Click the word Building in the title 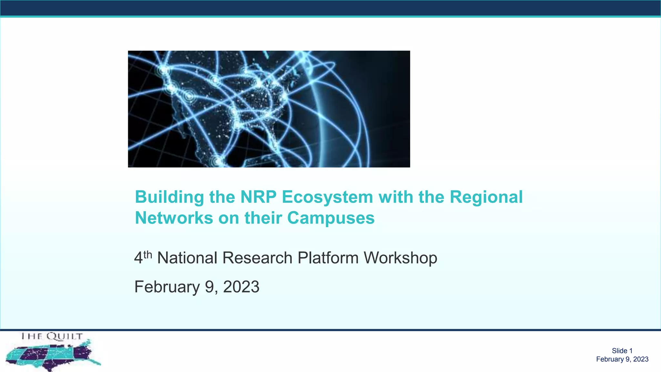[x=169, y=197]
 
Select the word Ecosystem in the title [x=327, y=197]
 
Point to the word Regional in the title [x=486, y=197]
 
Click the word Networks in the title [x=174, y=218]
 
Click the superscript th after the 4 [x=147, y=254]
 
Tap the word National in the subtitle [x=187, y=258]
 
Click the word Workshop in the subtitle [x=400, y=258]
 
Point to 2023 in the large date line [x=241, y=287]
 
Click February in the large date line [x=167, y=287]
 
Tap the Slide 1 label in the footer [x=622, y=351]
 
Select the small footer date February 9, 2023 [x=622, y=359]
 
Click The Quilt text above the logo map [x=52, y=336]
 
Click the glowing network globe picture [x=269, y=109]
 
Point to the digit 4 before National [x=138, y=258]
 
